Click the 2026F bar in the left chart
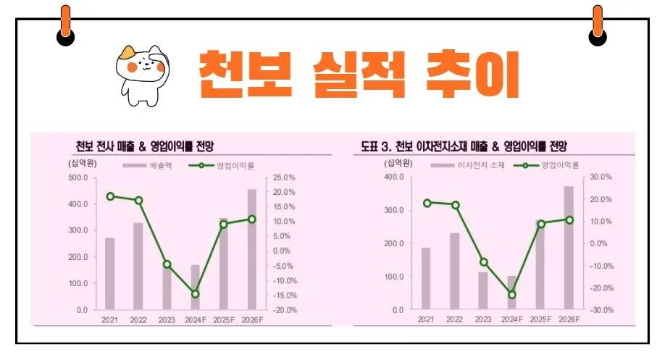251,248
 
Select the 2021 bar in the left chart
110,272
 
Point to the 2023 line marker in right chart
484,262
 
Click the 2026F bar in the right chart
569,248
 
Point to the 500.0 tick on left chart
78,177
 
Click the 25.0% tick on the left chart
283,177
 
